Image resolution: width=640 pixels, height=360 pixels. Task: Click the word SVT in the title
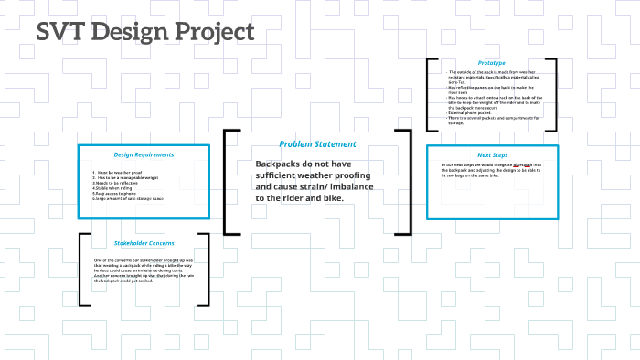coord(61,32)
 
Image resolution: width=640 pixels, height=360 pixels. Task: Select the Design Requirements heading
coord(144,154)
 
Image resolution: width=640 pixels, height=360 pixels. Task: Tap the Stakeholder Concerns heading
coord(144,243)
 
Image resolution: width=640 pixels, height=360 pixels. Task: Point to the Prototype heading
coord(491,62)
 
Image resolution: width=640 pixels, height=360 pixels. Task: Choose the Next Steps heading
coord(492,155)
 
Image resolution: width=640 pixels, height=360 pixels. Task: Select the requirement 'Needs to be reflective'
coord(115,182)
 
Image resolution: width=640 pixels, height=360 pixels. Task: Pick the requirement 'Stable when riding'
coord(112,187)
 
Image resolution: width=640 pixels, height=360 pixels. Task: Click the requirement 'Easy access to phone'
coord(115,193)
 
